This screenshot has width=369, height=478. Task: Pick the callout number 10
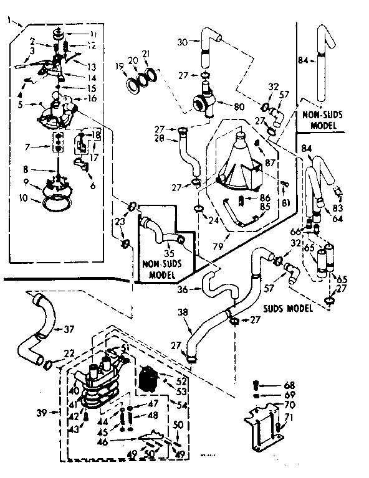coord(24,199)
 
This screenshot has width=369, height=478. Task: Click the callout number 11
coord(93,33)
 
